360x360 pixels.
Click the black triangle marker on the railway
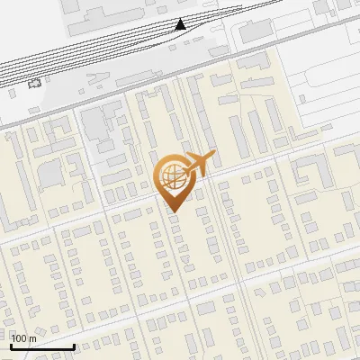point(181,23)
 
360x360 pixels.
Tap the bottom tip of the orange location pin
point(172,212)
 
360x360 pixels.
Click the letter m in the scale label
point(33,338)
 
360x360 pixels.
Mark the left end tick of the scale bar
point(11,346)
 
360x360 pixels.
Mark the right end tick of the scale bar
point(74,346)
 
